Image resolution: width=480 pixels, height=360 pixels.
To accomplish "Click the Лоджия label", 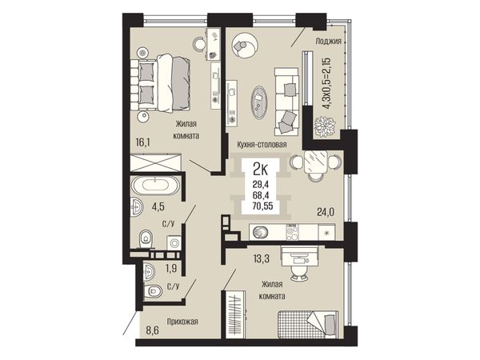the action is click(328, 42).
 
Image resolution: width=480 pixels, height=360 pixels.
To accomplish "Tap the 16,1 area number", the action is click(142, 142).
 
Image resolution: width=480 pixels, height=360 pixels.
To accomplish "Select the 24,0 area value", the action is click(326, 211).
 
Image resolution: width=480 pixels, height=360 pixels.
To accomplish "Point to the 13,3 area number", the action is click(261, 259).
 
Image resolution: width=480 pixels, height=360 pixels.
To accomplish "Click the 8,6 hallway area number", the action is click(152, 331).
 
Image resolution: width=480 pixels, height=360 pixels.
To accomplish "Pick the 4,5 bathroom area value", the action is click(158, 206).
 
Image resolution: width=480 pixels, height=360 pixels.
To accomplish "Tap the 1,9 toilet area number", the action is click(171, 269).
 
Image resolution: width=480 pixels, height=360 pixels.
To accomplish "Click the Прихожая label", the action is click(182, 322).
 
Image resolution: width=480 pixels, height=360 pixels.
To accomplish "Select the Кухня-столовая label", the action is click(262, 145).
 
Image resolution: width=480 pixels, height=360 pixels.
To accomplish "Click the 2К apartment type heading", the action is click(261, 170).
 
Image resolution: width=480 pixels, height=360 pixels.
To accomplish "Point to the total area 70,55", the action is click(262, 206).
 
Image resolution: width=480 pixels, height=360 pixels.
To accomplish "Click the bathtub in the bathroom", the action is click(155, 186).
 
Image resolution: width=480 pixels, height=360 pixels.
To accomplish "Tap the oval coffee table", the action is click(259, 102).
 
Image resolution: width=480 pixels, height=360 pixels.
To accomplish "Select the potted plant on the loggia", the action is click(325, 126).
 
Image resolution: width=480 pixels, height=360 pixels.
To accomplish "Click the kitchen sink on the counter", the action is click(261, 232).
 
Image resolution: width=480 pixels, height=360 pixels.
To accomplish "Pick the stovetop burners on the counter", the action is click(292, 232).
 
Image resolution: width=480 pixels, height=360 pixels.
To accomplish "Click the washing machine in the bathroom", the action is click(174, 243).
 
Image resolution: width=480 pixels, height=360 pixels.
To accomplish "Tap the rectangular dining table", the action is click(316, 162).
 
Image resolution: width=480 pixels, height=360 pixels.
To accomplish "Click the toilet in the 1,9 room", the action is click(153, 291).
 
